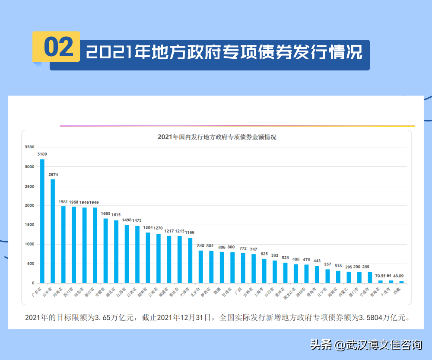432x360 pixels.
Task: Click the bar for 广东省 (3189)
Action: (42, 221)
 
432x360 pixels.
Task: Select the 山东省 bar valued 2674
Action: (53, 231)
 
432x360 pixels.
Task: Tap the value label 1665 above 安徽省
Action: (105, 213)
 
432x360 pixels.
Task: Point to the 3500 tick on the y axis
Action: (29, 147)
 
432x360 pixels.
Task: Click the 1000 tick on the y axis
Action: (29, 244)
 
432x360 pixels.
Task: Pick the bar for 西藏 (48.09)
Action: (401, 282)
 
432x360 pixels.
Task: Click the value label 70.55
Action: (381, 276)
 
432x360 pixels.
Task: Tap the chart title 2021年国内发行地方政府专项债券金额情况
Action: (217, 137)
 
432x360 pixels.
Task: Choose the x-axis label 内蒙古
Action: (343, 292)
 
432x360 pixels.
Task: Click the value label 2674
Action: (53, 175)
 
